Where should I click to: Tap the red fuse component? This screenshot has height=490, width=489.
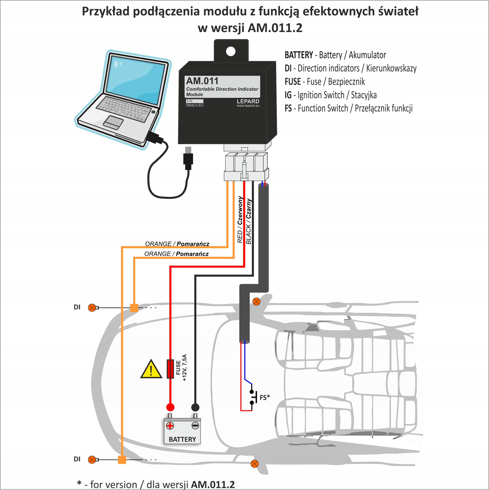[x=170, y=369]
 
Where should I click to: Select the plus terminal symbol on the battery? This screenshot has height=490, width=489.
[x=170, y=425]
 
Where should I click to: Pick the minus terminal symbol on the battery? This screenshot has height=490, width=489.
[x=195, y=425]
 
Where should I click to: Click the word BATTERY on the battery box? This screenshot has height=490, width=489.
[x=182, y=439]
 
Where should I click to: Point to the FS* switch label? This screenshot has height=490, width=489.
[x=265, y=397]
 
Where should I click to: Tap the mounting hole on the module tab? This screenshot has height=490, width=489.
[x=231, y=51]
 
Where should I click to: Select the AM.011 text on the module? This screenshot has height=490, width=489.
[x=202, y=81]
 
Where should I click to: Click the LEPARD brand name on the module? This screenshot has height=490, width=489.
[x=248, y=101]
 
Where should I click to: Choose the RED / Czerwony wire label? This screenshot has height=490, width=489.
[x=240, y=220]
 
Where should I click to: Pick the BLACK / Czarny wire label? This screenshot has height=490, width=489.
[x=249, y=221]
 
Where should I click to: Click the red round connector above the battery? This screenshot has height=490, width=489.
[x=170, y=407]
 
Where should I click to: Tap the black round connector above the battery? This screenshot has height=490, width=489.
[x=195, y=407]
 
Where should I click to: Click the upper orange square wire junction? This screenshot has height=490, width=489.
[x=134, y=308]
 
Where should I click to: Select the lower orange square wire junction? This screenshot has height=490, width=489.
[x=122, y=460]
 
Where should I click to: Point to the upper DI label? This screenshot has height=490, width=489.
[x=77, y=307]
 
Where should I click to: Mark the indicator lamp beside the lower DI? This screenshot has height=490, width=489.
[x=92, y=459]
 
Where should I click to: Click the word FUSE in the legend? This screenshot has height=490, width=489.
[x=293, y=82]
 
